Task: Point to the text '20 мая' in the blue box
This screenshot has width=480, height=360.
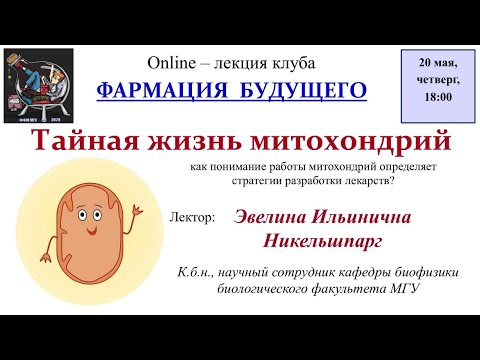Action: coord(438,63)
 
